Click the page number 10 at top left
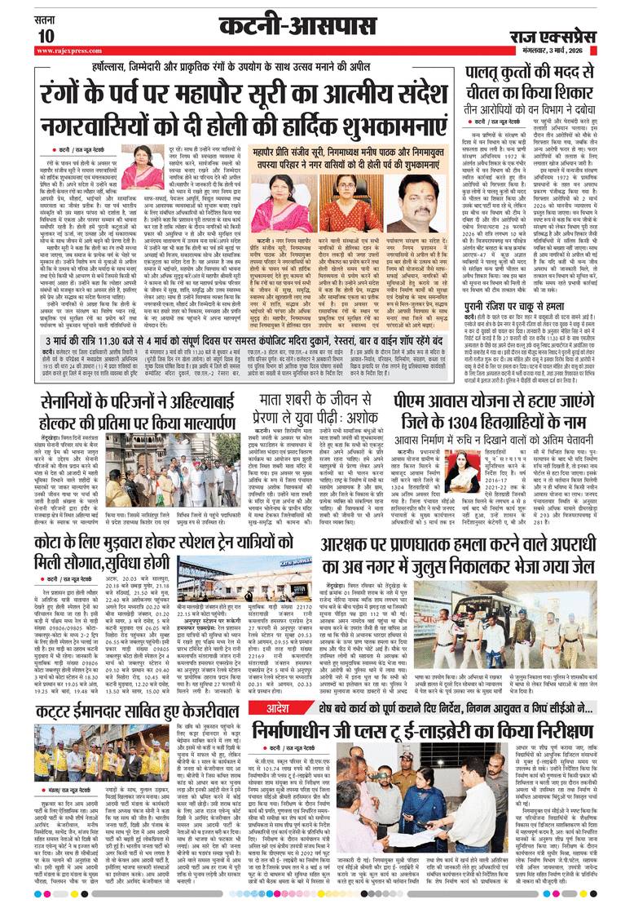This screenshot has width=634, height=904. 44,34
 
